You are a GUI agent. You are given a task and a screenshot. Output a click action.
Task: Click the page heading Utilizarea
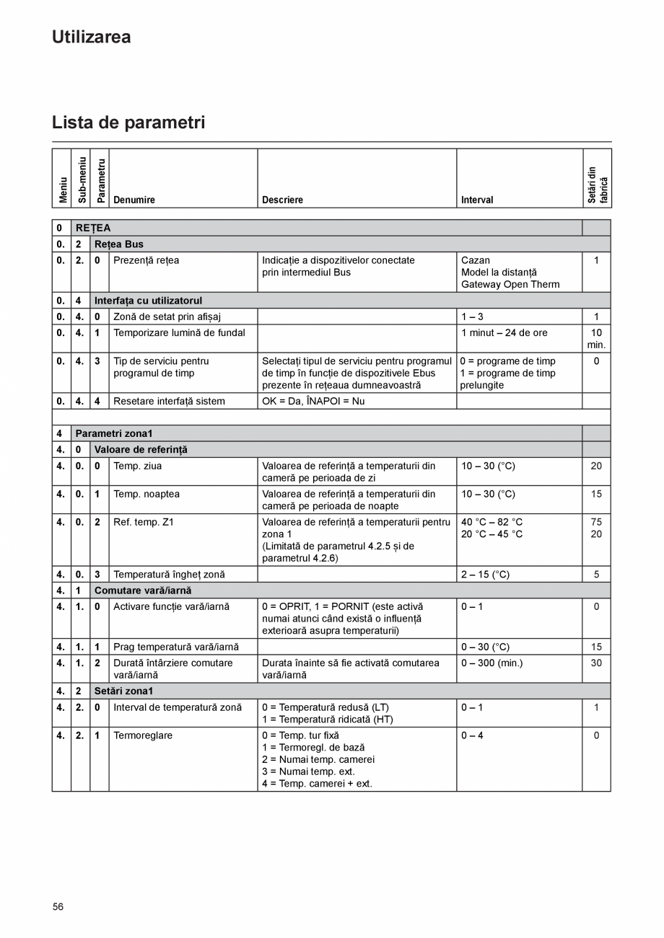(91, 37)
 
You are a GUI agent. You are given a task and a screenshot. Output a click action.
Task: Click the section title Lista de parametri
(128, 123)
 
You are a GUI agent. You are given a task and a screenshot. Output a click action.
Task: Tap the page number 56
(58, 906)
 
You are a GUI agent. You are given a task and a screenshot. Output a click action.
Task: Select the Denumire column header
(134, 200)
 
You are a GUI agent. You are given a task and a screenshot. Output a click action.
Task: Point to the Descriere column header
(282, 200)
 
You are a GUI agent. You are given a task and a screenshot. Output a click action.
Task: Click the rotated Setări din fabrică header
(597, 185)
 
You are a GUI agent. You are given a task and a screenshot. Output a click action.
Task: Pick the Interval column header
(477, 200)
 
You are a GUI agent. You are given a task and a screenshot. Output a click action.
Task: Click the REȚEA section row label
(93, 228)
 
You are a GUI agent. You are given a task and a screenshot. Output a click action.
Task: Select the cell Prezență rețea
(146, 260)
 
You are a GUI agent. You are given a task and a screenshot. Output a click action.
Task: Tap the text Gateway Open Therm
(510, 284)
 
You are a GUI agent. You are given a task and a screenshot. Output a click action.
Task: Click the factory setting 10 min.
(596, 339)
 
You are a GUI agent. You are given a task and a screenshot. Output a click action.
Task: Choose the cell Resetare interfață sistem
(169, 401)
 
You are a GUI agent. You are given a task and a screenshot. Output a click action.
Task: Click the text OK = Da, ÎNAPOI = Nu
(313, 401)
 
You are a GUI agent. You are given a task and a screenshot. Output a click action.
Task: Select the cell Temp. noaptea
(147, 494)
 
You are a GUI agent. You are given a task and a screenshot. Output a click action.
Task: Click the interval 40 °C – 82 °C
(492, 522)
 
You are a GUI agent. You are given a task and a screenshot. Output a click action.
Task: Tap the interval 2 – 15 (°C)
(485, 575)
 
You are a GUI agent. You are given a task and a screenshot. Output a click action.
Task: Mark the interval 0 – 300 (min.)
(492, 663)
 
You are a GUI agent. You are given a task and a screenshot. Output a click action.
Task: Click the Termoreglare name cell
(143, 735)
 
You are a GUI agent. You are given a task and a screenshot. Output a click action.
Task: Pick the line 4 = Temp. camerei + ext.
(317, 784)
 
